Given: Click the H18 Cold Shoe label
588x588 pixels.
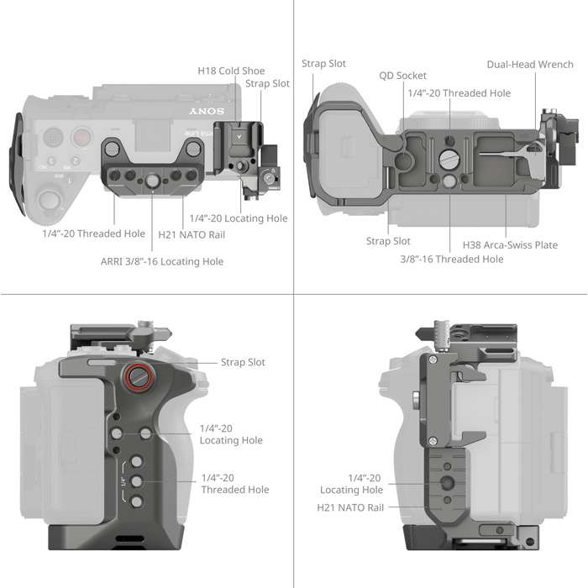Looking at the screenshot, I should click(x=230, y=71).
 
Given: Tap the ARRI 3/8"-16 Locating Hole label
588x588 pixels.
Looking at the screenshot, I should click(x=164, y=261).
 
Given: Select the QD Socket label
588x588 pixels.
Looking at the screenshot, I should click(x=404, y=76).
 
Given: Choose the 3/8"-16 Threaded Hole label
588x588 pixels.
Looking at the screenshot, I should click(x=451, y=259).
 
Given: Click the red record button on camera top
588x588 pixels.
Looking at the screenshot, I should click(x=81, y=137).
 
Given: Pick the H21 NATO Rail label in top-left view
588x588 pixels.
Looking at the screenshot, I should click(x=192, y=234).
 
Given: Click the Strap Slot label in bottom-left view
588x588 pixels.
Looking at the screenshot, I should click(x=243, y=362).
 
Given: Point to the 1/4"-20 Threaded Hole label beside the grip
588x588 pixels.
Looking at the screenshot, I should click(x=235, y=484).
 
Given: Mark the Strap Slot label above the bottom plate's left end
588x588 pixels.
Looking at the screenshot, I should click(x=323, y=64).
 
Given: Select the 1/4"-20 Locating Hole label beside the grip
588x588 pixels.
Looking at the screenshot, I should click(x=231, y=434).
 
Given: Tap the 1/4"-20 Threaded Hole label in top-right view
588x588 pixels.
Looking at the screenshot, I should click(x=459, y=93).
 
